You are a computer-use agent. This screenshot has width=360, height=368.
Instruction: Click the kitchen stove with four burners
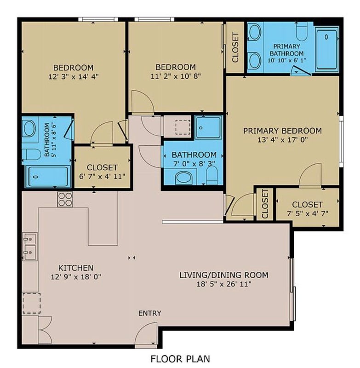(x=65, y=199)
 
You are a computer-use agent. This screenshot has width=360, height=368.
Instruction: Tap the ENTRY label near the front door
(x=149, y=313)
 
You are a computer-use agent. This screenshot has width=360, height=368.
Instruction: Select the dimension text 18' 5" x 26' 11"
(x=224, y=284)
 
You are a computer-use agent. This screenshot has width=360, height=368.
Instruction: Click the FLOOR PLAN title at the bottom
(x=180, y=359)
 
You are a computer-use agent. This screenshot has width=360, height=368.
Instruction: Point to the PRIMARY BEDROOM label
(x=282, y=131)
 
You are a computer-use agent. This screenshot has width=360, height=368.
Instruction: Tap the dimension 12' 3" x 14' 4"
(x=74, y=76)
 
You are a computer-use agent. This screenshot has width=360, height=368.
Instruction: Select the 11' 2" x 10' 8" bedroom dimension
(x=176, y=76)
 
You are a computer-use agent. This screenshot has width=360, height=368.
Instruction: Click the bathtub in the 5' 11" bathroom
(x=48, y=177)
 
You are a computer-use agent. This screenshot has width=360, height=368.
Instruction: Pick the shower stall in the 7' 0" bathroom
(x=208, y=127)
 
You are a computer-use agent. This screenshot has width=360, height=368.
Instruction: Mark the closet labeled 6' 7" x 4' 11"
(x=102, y=167)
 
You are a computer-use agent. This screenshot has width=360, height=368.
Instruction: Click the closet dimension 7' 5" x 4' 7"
(x=308, y=213)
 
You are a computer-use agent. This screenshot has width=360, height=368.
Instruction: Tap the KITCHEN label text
(x=76, y=268)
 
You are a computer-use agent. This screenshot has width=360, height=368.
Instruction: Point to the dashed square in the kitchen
(x=31, y=303)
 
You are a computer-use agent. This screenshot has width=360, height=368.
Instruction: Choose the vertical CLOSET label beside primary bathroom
(x=235, y=47)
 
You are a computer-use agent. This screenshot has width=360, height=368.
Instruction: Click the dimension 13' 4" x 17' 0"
(x=282, y=140)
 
